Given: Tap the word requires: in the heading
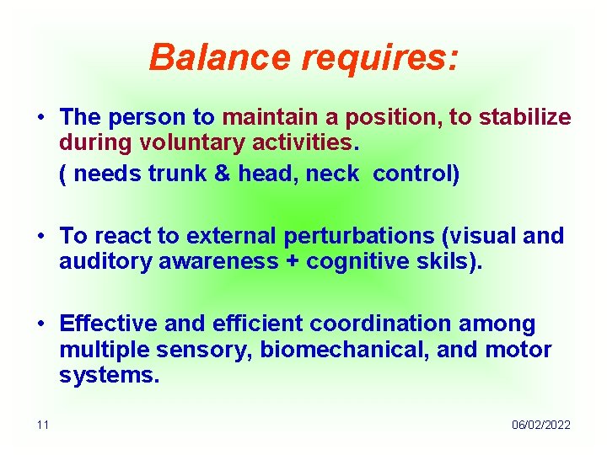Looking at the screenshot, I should pos(381,57).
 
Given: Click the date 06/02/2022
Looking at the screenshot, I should pos(540,425).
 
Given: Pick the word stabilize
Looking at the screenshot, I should pos(522,117).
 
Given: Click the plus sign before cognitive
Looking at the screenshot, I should pos(292,262).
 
